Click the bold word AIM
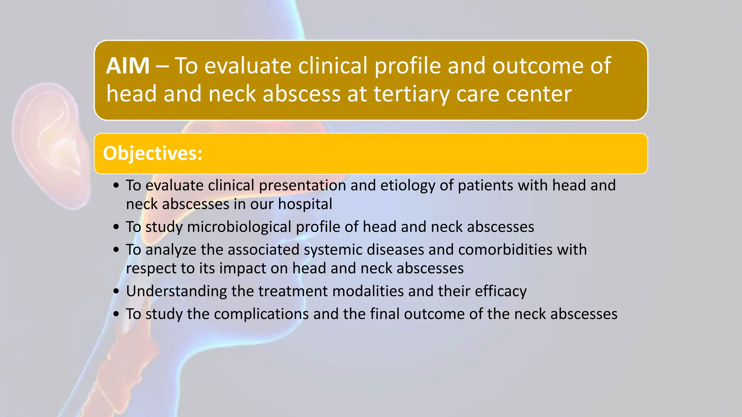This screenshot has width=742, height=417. pos(128,66)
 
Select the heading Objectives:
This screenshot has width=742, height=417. pos(153,153)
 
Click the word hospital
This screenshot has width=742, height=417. pos(305,204)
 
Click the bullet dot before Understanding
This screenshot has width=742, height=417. pos(116,291)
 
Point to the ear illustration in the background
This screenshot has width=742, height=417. pos(51,145)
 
